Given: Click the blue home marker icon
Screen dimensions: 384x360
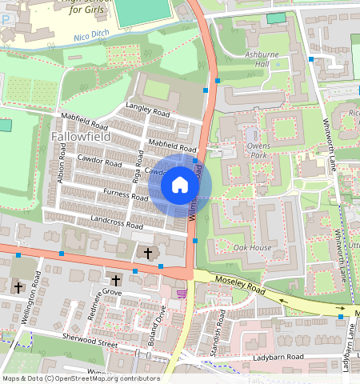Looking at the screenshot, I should pos(180,186).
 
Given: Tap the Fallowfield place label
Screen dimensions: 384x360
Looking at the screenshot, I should pos(79,137).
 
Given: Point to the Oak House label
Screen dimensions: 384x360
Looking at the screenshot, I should pos(253,248).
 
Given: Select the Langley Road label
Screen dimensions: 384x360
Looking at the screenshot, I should pos(149,109).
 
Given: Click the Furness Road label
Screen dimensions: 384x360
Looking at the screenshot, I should pos(126,194).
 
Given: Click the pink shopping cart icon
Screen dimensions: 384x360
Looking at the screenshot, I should pos(182,293).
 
